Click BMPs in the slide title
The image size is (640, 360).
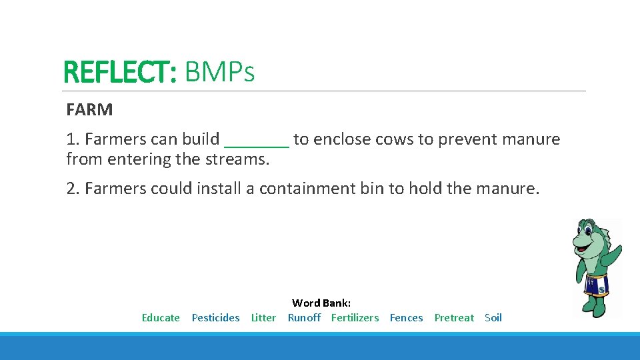pyautogui.click(x=219, y=72)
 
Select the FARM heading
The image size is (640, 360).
pyautogui.click(x=89, y=110)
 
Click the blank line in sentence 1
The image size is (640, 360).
pyautogui.click(x=257, y=141)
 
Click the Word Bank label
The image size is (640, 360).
pyautogui.click(x=321, y=303)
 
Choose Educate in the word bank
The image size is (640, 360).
pyautogui.click(x=161, y=318)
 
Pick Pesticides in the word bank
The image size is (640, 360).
pyautogui.click(x=215, y=318)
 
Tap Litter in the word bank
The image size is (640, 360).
pyautogui.click(x=263, y=318)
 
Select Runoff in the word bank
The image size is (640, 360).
pyautogui.click(x=304, y=318)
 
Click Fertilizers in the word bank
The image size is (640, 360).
pyautogui.click(x=355, y=318)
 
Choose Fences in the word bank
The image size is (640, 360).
pyautogui.click(x=406, y=318)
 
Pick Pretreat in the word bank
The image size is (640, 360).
pyautogui.click(x=454, y=318)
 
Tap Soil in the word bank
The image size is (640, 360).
pyautogui.click(x=493, y=318)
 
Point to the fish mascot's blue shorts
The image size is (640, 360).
pyautogui.click(x=597, y=285)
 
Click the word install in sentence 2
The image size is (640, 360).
pyautogui.click(x=219, y=189)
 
